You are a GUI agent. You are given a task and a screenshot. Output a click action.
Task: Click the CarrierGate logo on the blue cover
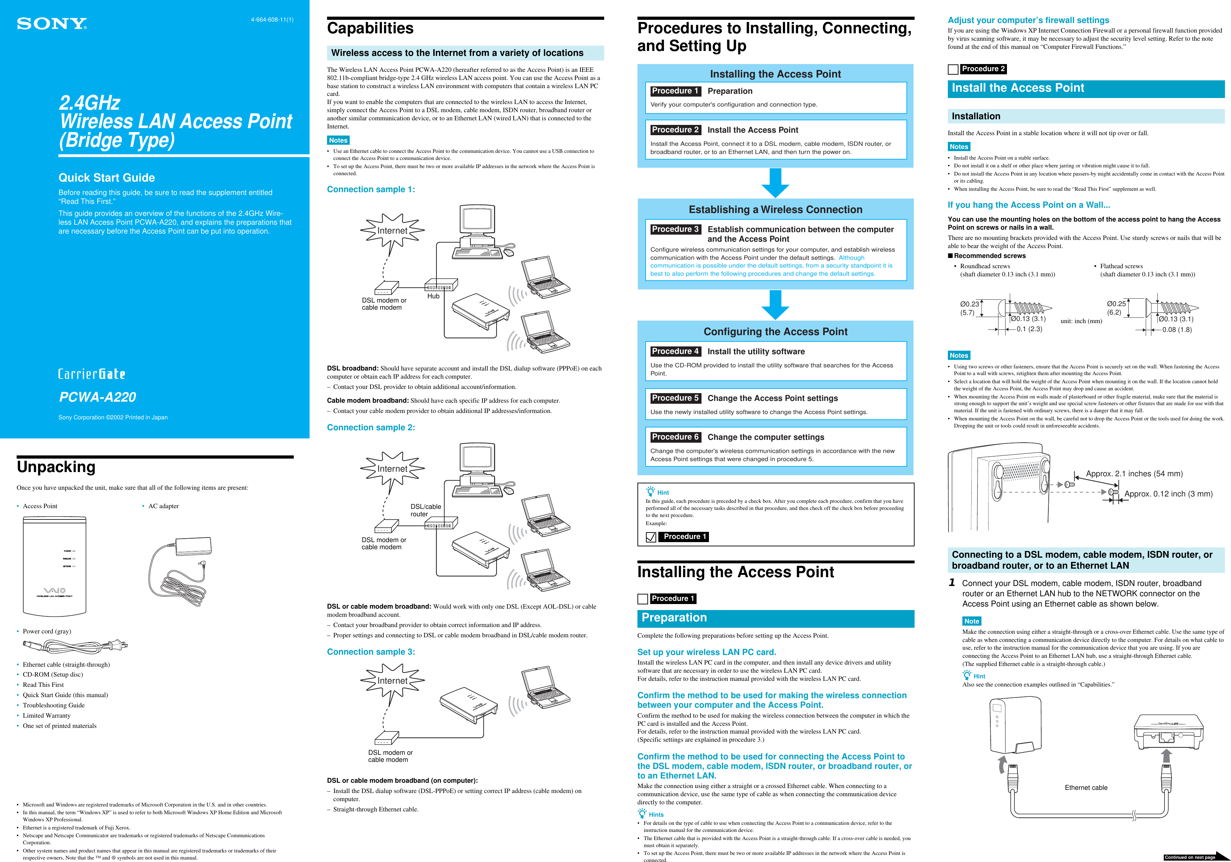tap(92, 374)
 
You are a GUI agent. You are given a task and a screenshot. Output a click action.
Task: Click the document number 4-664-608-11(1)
tap(272, 20)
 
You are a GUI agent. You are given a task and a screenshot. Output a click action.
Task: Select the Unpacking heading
tap(56, 467)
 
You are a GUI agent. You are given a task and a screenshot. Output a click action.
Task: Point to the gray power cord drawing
tap(75, 646)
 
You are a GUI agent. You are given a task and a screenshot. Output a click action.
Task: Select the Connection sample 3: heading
tap(371, 652)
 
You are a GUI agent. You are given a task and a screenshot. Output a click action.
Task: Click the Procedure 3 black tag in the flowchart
tap(675, 229)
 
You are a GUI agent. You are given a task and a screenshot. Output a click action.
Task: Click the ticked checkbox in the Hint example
tap(651, 537)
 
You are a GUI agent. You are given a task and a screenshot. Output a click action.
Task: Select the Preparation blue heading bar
tap(775, 618)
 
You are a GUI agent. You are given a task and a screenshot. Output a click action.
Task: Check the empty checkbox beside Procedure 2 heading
tap(953, 69)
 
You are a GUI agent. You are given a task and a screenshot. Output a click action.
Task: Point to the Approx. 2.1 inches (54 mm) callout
tap(1134, 474)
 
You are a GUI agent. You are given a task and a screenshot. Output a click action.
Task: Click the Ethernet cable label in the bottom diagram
tap(1086, 787)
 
